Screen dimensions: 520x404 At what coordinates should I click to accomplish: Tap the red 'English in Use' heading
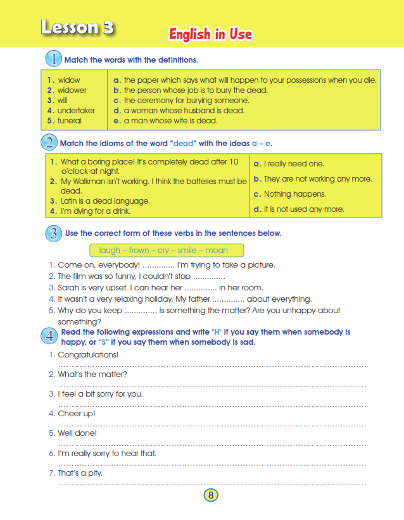pyautogui.click(x=210, y=34)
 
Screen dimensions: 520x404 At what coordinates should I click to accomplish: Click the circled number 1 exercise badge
pyautogui.click(x=53, y=59)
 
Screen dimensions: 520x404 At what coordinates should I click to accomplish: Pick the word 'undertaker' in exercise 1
pyautogui.click(x=76, y=111)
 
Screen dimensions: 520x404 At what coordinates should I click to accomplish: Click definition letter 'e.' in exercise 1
pyautogui.click(x=117, y=121)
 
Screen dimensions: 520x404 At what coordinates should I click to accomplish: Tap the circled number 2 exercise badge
pyautogui.click(x=50, y=143)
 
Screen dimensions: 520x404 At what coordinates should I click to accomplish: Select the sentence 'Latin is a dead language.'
pyautogui.click(x=100, y=201)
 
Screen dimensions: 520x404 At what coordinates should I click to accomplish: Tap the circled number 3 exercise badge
pyautogui.click(x=53, y=233)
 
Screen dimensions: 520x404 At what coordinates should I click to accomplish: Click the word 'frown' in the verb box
pyautogui.click(x=139, y=251)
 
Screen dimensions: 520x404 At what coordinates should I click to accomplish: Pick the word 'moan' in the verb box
pyautogui.click(x=217, y=251)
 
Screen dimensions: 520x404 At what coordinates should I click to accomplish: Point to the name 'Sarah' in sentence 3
pyautogui.click(x=68, y=287)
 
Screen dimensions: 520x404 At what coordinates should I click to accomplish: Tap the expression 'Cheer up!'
pyautogui.click(x=77, y=414)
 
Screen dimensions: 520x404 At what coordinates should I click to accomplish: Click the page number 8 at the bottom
pyautogui.click(x=211, y=495)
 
